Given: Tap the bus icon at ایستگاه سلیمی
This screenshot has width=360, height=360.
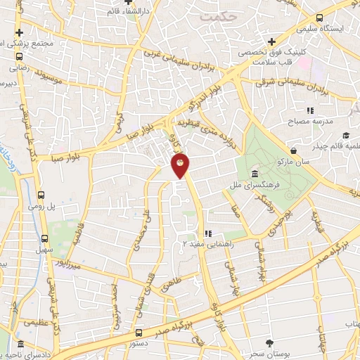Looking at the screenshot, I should point(320,18).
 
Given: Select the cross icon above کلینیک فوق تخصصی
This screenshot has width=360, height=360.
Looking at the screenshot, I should point(271,41).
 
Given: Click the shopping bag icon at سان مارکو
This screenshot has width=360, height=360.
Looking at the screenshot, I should point(292,149).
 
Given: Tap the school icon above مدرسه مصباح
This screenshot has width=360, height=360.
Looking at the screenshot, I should point(309,110).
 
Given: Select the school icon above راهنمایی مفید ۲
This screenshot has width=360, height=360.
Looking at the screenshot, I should point(207,233).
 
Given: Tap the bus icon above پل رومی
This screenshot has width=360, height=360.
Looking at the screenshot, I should point(41,195).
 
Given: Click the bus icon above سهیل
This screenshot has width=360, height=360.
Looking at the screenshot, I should point(46,239).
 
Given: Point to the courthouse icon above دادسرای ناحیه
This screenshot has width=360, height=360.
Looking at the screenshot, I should point(22,345).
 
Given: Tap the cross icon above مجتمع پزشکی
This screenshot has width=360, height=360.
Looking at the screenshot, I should point(20,32).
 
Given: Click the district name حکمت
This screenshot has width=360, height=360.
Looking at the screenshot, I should point(219,15).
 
